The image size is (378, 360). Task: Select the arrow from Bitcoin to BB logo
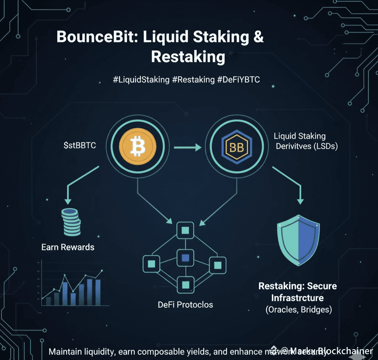pyautogui.click(x=187, y=148)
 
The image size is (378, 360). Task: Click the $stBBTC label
pyautogui.click(x=79, y=145)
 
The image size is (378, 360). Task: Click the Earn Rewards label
pyautogui.click(x=68, y=247)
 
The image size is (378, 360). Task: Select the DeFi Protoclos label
pyautogui.click(x=185, y=305)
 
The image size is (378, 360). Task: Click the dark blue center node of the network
pyautogui.click(x=185, y=257)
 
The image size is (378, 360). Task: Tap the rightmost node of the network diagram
pyautogui.click(x=217, y=264)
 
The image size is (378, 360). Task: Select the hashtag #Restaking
pyautogui.click(x=195, y=80)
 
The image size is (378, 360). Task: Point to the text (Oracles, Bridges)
pyautogui.click(x=298, y=309)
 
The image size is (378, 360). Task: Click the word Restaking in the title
pyautogui.click(x=188, y=57)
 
